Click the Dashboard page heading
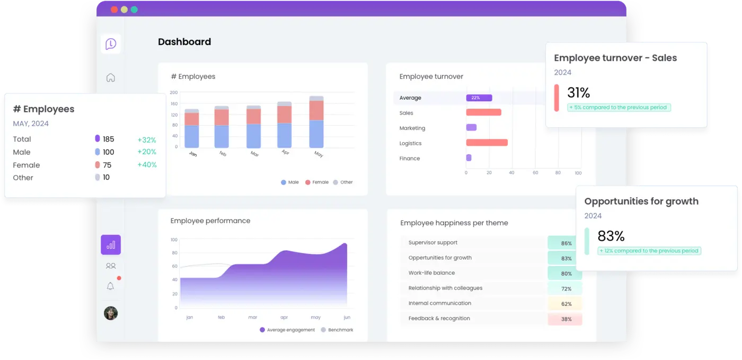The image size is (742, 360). pyautogui.click(x=184, y=42)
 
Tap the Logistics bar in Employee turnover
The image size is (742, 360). pyautogui.click(x=487, y=143)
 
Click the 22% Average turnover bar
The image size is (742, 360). pyautogui.click(x=479, y=98)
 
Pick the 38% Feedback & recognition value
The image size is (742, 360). pyautogui.click(x=566, y=319)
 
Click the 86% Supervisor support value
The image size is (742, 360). pyautogui.click(x=566, y=243)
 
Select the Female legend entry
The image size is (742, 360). pyautogui.click(x=317, y=182)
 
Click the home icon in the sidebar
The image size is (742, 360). pyautogui.click(x=111, y=77)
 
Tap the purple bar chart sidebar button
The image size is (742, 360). pyautogui.click(x=111, y=245)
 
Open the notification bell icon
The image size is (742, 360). pyautogui.click(x=110, y=286)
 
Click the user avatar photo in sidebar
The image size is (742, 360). pyautogui.click(x=111, y=313)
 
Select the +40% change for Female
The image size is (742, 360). pyautogui.click(x=147, y=165)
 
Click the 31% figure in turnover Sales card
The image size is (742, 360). pyautogui.click(x=578, y=93)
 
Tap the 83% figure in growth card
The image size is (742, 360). pyautogui.click(x=611, y=236)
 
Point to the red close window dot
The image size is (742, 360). pyautogui.click(x=114, y=10)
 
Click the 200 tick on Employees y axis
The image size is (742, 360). pyautogui.click(x=174, y=92)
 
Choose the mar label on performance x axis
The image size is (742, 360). pyautogui.click(x=253, y=317)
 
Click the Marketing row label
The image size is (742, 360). pyautogui.click(x=412, y=128)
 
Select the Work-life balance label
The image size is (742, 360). pyautogui.click(x=431, y=273)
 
